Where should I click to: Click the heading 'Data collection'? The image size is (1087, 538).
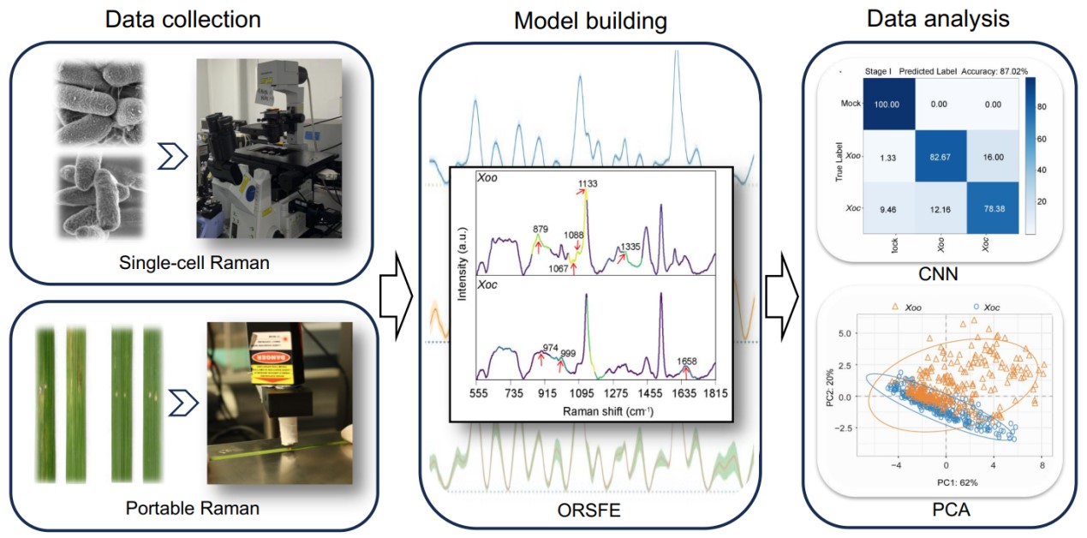click(x=182, y=19)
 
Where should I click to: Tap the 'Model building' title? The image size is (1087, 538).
click(x=590, y=21)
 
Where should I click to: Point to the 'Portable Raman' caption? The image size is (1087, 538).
click(x=192, y=508)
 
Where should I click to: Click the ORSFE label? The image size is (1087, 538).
click(x=589, y=513)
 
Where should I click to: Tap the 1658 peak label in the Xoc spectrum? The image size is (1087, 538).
click(x=684, y=361)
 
